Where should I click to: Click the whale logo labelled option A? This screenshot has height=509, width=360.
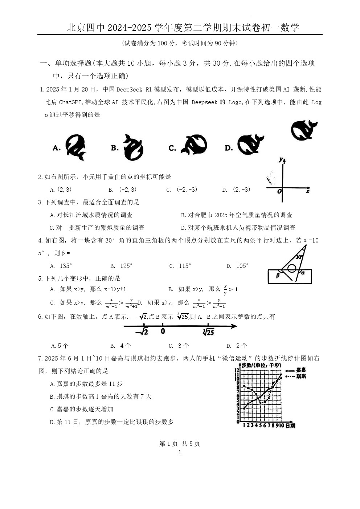[x=75, y=147]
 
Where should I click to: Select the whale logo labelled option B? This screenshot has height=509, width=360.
[x=133, y=147]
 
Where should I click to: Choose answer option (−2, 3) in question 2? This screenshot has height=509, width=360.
[x=123, y=190]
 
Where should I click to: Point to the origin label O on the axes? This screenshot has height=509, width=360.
[x=279, y=191]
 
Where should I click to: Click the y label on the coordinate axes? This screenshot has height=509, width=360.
[x=281, y=160]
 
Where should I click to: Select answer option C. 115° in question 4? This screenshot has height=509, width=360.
[x=180, y=266]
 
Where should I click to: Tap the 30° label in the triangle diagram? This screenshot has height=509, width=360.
[x=299, y=257]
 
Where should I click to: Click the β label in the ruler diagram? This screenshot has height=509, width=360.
[x=278, y=275]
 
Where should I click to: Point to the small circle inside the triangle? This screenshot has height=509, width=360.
[x=291, y=268]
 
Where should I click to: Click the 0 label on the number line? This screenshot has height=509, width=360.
[x=163, y=331]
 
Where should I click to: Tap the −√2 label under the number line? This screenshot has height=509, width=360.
[x=142, y=332]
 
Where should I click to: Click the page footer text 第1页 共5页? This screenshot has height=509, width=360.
[x=180, y=444]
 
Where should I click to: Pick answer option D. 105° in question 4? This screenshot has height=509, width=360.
[x=237, y=266]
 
